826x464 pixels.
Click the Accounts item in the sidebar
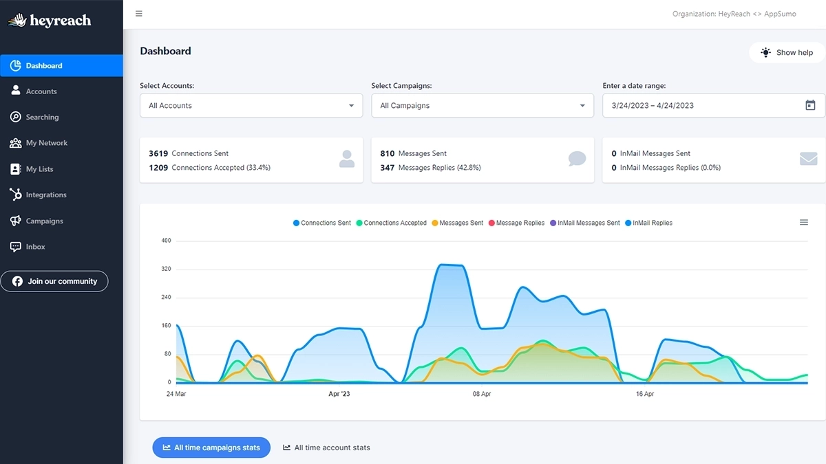[41, 91]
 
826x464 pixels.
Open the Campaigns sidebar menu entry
[44, 221]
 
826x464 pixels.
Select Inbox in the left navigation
[35, 247]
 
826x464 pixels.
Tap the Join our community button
[54, 281]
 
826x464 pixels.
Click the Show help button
[786, 52]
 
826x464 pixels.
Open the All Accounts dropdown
[251, 106]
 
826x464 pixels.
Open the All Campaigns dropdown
[482, 106]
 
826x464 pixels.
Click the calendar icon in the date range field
[810, 105]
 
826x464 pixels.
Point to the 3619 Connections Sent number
[158, 153]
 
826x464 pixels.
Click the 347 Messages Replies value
[387, 168]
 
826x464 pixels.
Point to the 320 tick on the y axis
[165, 269]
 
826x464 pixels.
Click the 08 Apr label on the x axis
[481, 394]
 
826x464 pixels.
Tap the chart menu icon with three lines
[803, 222]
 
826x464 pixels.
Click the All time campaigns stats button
[211, 448]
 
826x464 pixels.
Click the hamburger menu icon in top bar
[139, 14]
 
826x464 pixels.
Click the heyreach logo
[50, 21]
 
